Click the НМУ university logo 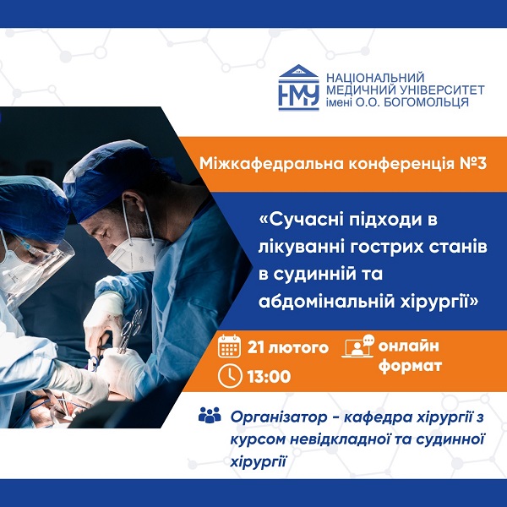(x=299, y=88)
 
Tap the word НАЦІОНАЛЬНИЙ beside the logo (x=375, y=78)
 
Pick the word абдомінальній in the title (x=326, y=302)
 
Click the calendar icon (x=229, y=346)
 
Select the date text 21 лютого (x=288, y=347)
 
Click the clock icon (x=230, y=376)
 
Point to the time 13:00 (x=269, y=377)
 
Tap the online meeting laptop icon (x=357, y=346)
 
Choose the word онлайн (x=409, y=346)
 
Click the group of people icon (x=210, y=415)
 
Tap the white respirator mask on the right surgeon (x=136, y=254)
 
